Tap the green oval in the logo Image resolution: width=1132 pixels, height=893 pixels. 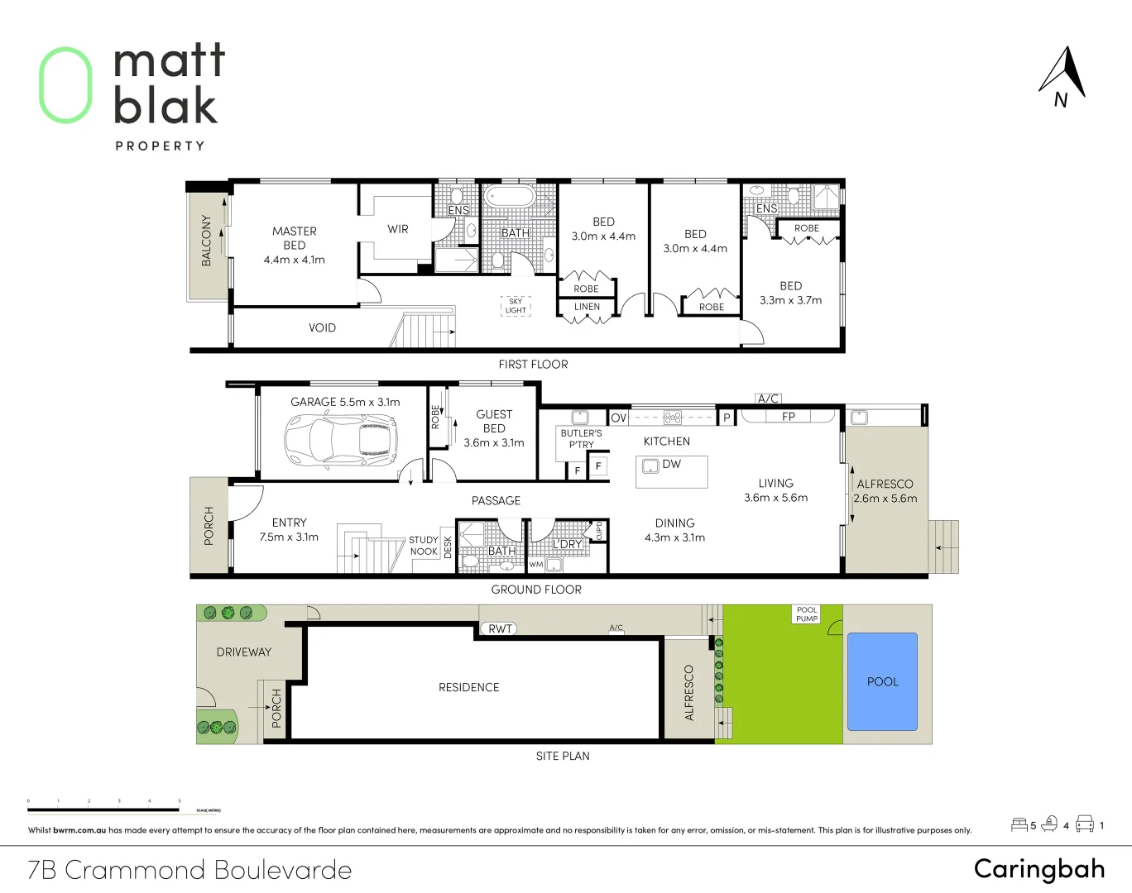65,85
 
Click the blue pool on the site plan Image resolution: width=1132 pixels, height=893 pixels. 883,681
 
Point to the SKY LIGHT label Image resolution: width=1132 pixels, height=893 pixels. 516,306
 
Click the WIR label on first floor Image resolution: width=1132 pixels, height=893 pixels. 398,229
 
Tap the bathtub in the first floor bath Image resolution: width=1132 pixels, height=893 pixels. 511,197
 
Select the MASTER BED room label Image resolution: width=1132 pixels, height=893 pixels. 295,238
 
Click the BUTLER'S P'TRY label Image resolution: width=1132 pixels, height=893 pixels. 581,438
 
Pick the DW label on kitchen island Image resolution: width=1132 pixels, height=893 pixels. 671,465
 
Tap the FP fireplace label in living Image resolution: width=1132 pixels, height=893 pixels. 788,417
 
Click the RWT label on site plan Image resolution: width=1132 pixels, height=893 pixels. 500,629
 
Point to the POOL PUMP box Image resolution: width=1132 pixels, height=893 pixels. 807,614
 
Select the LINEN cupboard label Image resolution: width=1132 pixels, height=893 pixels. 587,307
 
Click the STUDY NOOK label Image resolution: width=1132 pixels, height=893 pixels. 423,546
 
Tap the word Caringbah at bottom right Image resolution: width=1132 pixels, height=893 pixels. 1039,868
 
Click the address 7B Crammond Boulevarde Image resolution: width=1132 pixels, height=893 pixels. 189,870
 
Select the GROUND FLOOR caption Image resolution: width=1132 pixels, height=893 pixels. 536,590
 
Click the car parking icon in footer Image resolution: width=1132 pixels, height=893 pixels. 1084,824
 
